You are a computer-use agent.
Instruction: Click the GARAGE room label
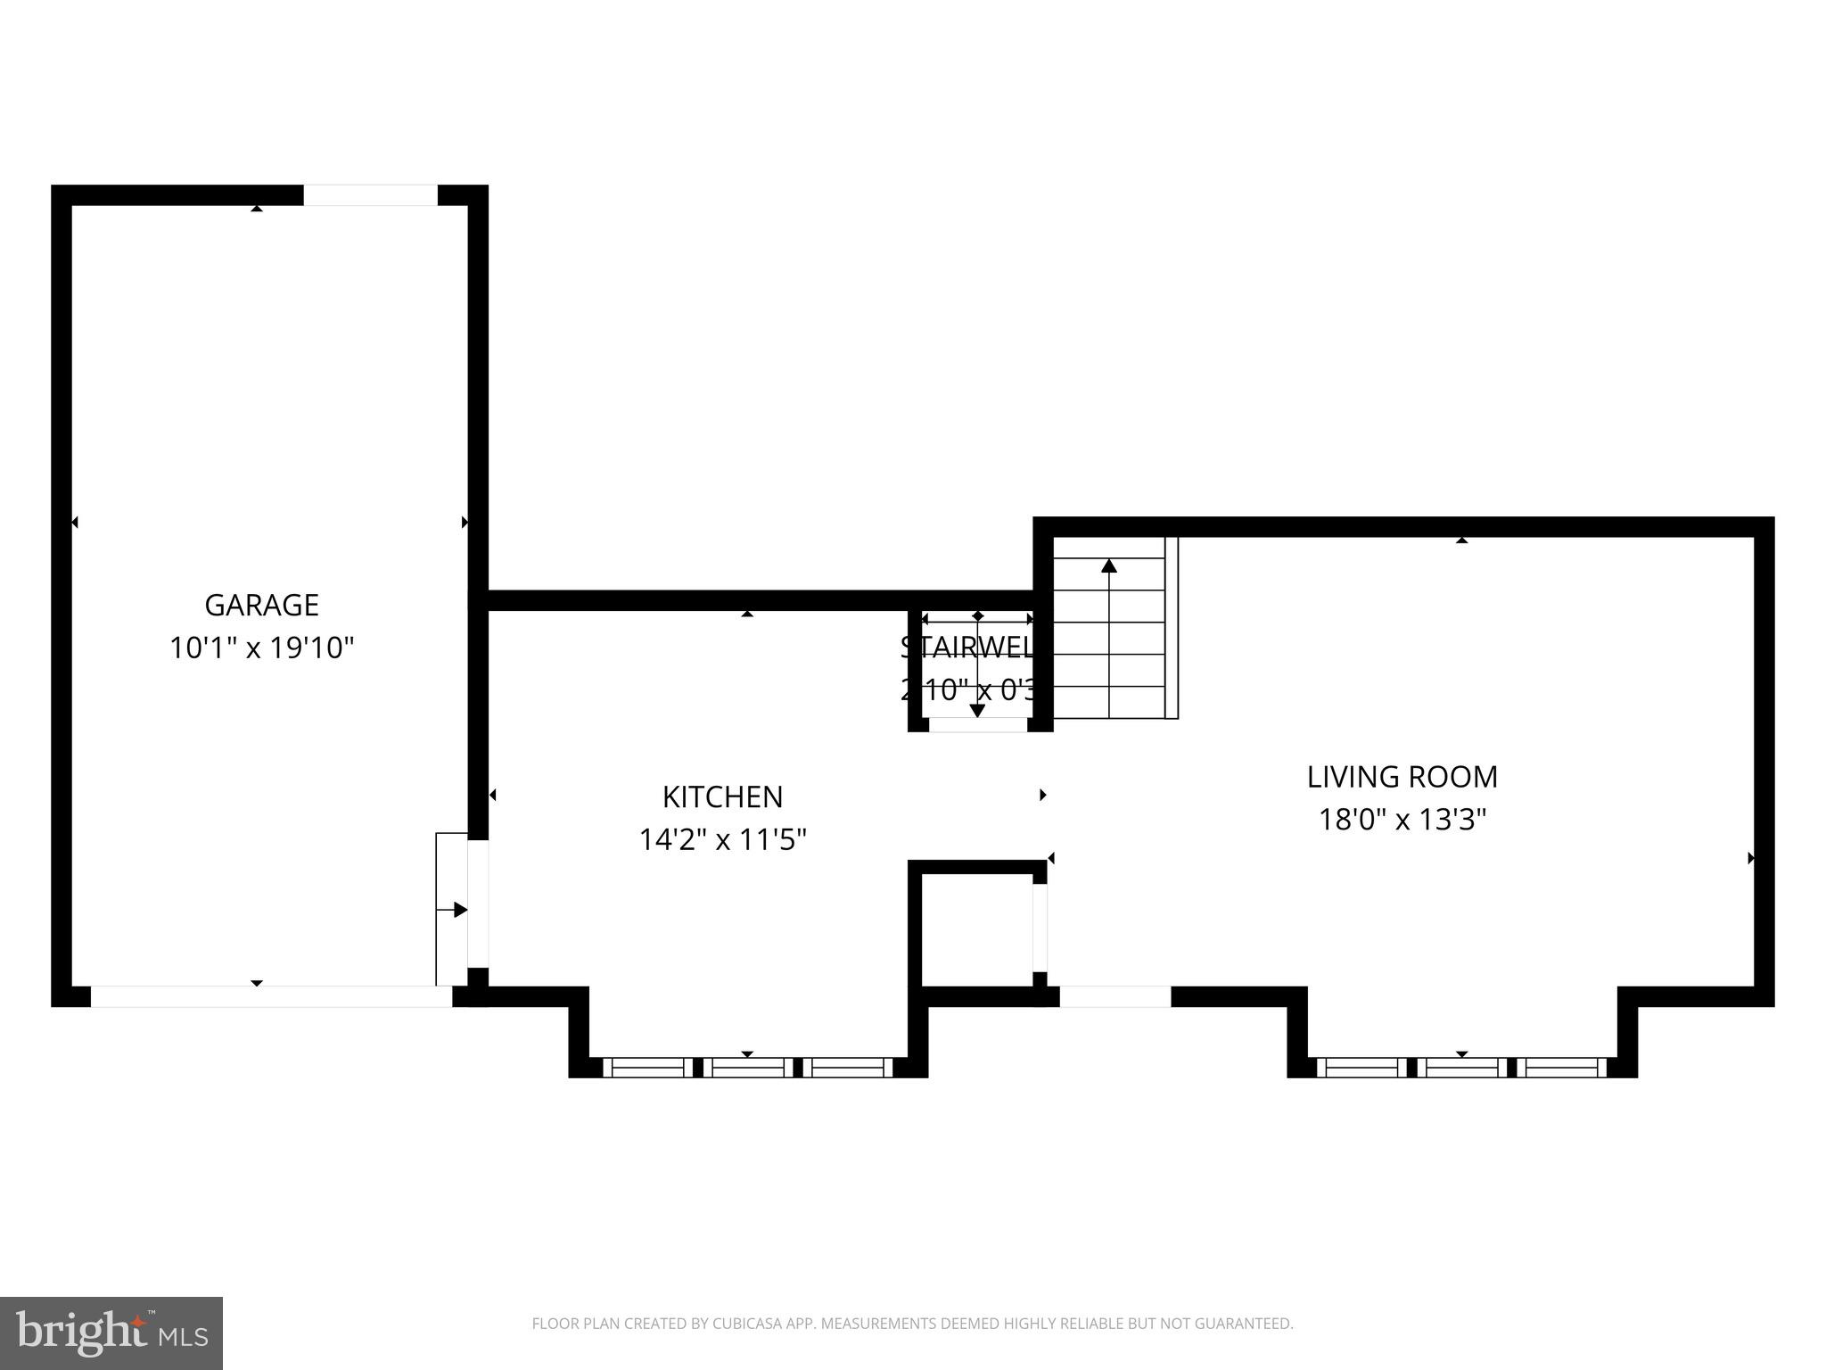(261, 606)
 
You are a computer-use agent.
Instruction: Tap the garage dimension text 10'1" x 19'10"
(261, 648)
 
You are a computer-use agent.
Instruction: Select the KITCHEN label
(722, 796)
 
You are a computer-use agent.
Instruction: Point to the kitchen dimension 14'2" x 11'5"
(722, 839)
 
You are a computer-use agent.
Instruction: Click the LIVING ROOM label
(1402, 777)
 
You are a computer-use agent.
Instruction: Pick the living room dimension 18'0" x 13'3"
(1402, 819)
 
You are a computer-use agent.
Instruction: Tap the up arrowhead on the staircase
(1108, 565)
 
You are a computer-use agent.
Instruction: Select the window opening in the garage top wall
(370, 194)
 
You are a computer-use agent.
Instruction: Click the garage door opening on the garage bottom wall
(271, 996)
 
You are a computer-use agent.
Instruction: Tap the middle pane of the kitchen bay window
(747, 1067)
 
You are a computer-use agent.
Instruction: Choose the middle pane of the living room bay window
(1461, 1067)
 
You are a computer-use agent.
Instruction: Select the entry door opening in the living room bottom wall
(1115, 996)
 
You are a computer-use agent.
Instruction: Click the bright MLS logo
(111, 1333)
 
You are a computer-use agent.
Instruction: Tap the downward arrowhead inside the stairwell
(977, 711)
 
